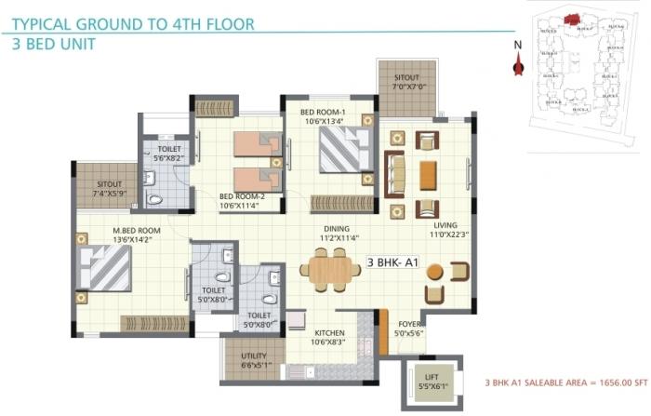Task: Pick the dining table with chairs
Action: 330,271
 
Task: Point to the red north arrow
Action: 519,64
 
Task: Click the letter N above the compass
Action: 518,42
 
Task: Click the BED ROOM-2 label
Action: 243,202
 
